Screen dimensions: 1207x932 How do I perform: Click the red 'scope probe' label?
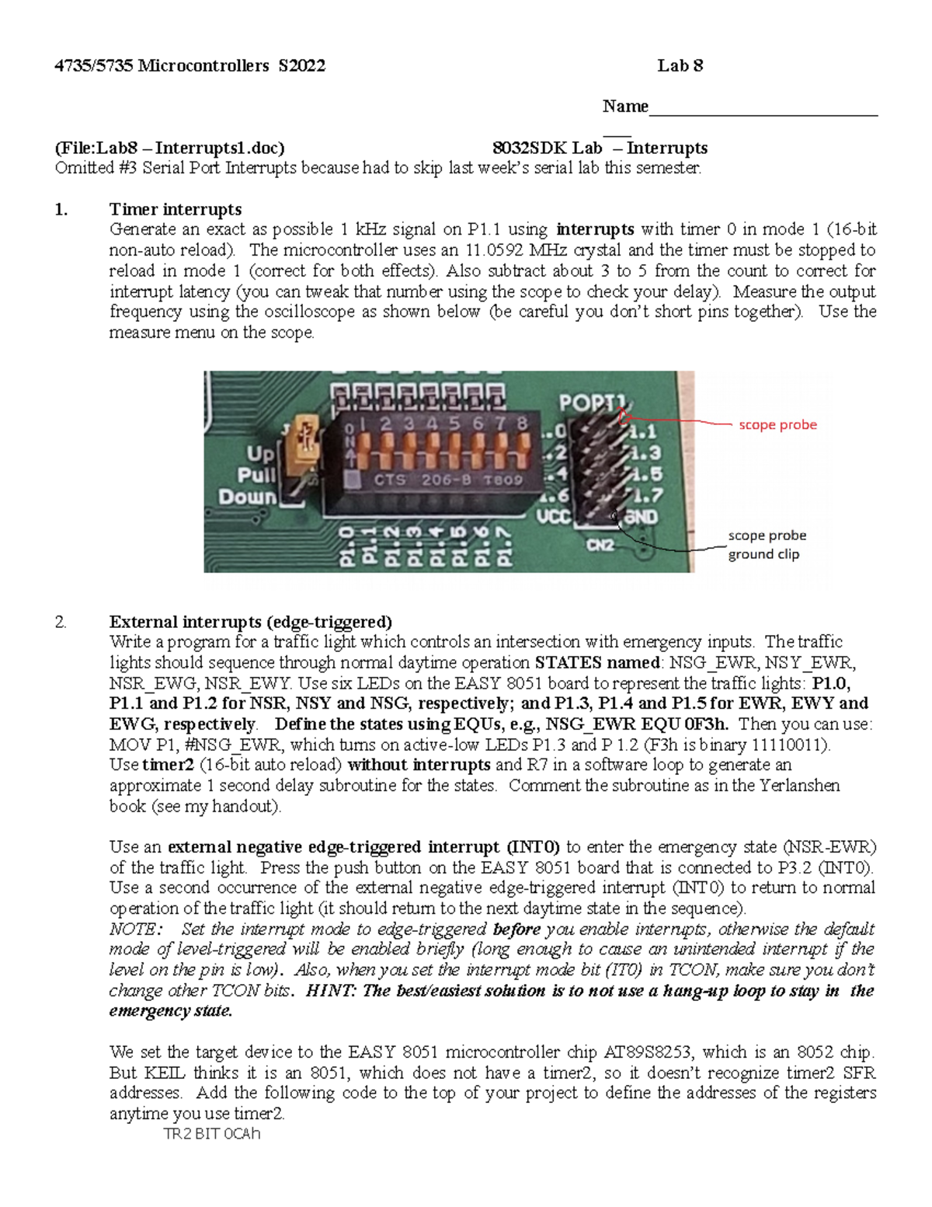(x=777, y=425)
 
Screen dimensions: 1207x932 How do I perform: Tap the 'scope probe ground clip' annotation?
(x=767, y=545)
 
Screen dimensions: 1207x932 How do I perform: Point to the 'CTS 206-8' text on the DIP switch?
(x=420, y=480)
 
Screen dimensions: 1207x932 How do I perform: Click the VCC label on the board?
(x=554, y=516)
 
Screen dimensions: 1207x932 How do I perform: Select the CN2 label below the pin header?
(x=600, y=545)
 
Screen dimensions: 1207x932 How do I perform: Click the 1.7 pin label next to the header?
(x=647, y=495)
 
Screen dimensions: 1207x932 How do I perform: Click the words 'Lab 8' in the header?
(x=680, y=66)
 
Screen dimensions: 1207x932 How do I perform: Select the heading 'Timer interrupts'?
(x=175, y=209)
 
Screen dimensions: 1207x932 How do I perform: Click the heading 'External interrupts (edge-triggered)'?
(x=250, y=622)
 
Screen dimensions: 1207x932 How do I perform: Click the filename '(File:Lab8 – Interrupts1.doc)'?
(x=169, y=148)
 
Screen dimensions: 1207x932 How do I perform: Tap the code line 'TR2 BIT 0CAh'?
(x=211, y=1134)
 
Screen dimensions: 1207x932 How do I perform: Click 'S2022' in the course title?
(x=301, y=66)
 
